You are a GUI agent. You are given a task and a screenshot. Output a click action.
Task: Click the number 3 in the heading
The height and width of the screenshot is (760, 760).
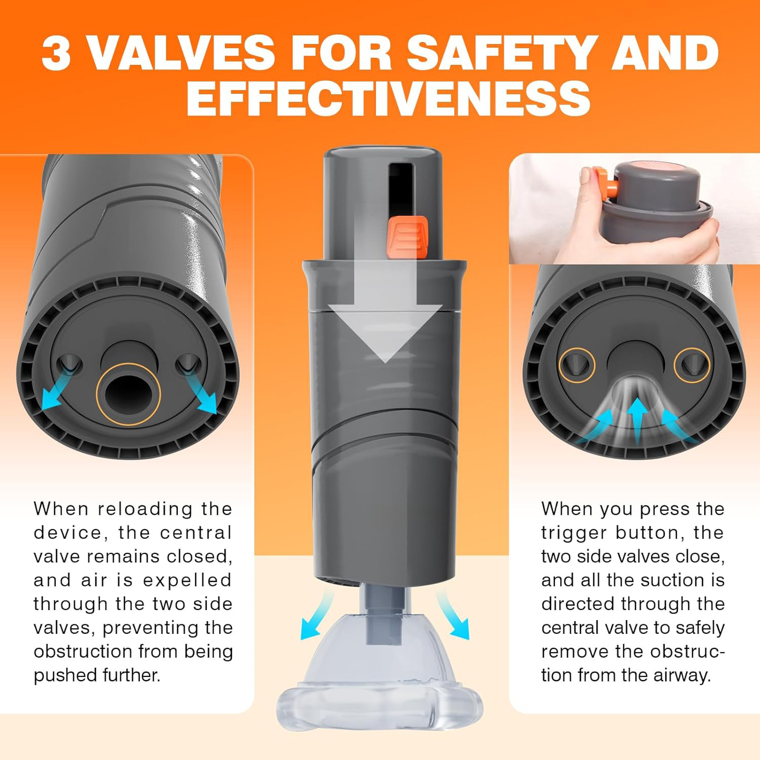click(56, 53)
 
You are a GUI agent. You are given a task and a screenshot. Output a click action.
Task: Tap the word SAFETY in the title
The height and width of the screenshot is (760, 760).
click(502, 53)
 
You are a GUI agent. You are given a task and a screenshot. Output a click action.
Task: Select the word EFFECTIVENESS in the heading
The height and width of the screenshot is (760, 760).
click(389, 98)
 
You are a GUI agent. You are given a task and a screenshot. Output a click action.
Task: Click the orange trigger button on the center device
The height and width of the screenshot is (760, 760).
click(407, 238)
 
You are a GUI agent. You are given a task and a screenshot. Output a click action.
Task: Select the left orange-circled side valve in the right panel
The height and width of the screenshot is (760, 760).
click(577, 364)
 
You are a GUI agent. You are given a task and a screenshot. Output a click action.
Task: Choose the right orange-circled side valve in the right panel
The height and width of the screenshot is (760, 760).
click(692, 364)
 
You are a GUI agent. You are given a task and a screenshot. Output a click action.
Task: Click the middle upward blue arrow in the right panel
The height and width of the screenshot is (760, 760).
click(637, 418)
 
